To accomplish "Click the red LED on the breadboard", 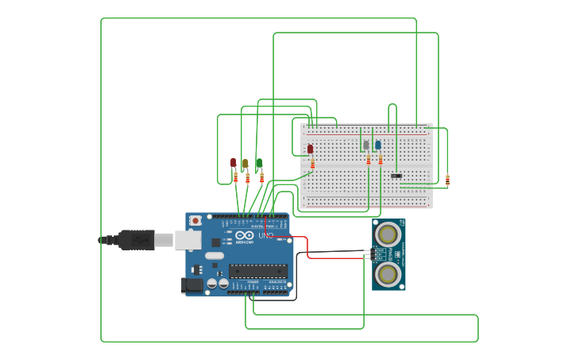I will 310,149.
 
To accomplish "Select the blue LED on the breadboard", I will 378,145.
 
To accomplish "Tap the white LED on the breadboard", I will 366,145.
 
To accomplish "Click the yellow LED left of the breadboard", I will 245,164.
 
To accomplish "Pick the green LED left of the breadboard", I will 259,163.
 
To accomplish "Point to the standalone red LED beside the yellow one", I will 234,163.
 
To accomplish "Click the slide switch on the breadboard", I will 396,176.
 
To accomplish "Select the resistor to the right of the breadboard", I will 447,180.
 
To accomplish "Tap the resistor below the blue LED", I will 381,160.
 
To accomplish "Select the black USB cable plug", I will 136,239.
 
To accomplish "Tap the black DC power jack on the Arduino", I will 191,285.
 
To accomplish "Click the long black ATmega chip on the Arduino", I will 257,271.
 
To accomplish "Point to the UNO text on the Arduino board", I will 265,236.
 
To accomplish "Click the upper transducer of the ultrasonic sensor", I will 389,234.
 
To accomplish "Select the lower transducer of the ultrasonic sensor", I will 389,274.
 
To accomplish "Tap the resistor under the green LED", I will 261,178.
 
